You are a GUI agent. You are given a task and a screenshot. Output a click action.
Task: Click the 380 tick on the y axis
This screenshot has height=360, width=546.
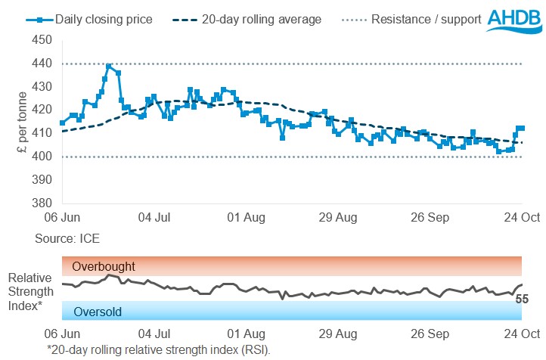(x=44, y=203)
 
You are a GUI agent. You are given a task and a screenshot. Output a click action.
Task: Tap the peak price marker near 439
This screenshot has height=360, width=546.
(x=110, y=67)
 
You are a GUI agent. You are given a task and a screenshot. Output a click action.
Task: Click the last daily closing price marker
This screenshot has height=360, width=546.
(x=522, y=128)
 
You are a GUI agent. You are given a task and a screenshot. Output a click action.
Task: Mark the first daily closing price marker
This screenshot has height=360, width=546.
(x=62, y=123)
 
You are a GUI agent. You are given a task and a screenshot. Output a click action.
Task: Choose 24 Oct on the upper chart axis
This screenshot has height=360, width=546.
(x=522, y=218)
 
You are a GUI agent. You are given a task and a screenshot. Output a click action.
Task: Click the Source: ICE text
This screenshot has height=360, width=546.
(x=67, y=238)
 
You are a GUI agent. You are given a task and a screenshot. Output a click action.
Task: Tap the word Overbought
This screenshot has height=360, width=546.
(x=104, y=266)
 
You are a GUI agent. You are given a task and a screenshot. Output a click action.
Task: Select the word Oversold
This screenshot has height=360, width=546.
(x=97, y=311)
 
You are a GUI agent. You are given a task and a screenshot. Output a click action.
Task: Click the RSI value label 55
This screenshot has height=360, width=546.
(x=521, y=299)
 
